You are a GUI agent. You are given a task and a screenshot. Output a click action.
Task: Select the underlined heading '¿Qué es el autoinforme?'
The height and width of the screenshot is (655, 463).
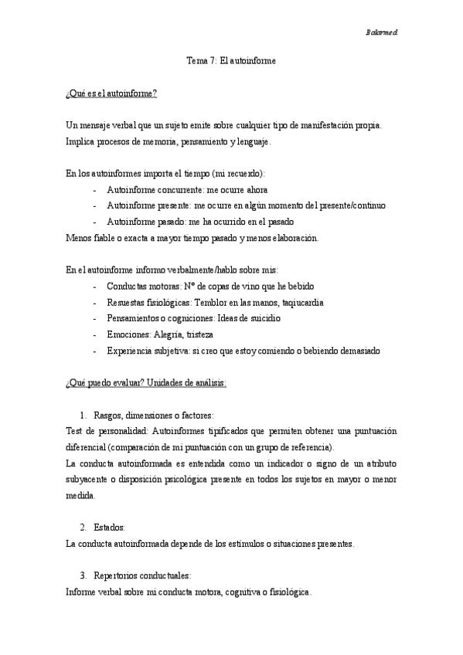coord(112,93)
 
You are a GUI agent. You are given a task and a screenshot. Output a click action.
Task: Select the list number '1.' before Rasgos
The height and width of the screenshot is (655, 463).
coord(84,415)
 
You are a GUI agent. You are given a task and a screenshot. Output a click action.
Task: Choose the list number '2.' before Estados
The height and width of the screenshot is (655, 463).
coord(84,527)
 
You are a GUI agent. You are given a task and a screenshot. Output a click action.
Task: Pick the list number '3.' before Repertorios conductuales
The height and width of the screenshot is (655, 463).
coord(84,575)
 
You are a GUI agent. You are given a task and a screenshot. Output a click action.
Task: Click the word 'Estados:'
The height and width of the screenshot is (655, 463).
coord(110,527)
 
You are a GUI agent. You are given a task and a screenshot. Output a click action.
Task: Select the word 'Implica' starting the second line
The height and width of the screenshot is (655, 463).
coord(80,141)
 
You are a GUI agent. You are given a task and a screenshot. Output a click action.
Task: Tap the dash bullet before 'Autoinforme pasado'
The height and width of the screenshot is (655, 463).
coord(94,222)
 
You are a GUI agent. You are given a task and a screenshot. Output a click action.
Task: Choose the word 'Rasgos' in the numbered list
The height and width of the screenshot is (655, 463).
coord(107,415)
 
